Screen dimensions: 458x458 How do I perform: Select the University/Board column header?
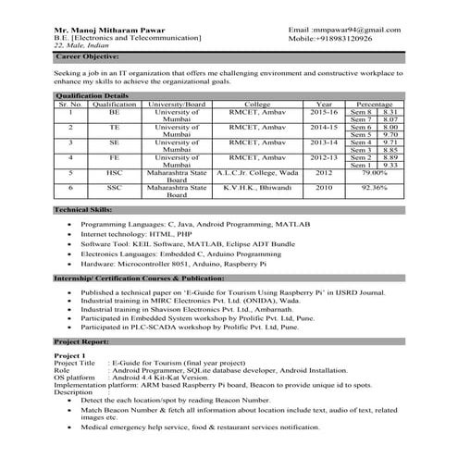point(176,105)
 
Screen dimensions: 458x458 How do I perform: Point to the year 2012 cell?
point(324,171)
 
